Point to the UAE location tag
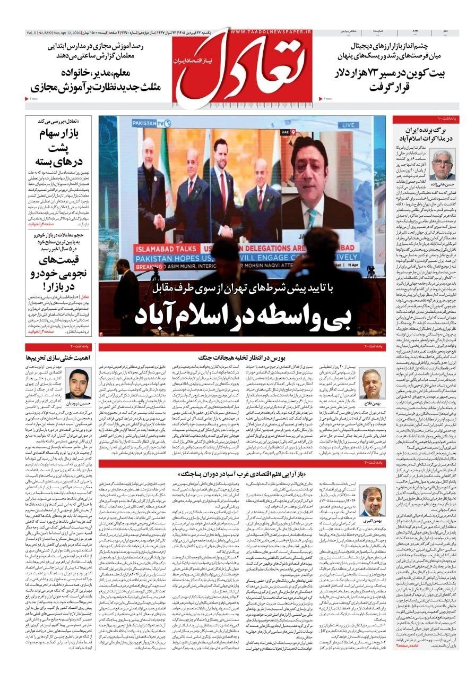click(x=285, y=130)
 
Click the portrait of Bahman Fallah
click(x=372, y=384)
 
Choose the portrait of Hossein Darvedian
click(x=78, y=383)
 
